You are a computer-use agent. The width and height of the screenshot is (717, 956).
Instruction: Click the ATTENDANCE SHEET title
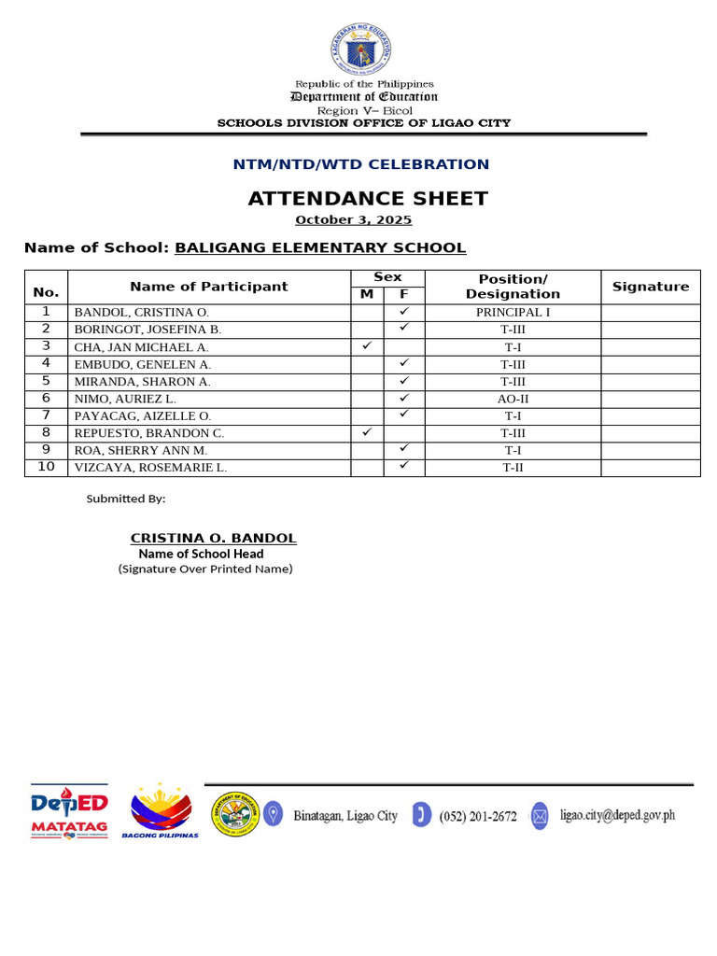coord(368,198)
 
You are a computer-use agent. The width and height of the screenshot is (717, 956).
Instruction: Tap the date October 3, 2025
coord(353,220)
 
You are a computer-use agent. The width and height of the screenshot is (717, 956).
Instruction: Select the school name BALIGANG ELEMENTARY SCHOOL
coord(320,247)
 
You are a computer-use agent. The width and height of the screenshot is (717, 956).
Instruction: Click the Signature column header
coord(650,287)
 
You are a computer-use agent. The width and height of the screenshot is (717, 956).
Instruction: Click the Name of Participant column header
coord(208,287)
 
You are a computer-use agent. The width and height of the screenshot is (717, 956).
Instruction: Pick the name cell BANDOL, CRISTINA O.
coord(142,313)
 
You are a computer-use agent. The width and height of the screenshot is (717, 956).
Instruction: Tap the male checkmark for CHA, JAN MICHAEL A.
coord(367,346)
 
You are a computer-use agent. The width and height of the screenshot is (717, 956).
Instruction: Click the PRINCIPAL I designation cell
coord(513,313)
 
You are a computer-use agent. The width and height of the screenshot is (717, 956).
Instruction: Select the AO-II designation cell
coord(513,399)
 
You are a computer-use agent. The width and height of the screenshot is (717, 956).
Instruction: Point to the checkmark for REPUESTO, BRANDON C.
coord(367,432)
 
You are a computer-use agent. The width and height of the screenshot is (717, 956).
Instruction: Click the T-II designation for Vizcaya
coord(513,468)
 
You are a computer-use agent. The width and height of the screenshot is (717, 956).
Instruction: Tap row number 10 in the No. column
coord(46,468)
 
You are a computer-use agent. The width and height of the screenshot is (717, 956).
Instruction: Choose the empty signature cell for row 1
coord(650,313)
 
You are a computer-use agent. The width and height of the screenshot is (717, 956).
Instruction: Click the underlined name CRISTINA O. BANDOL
coord(213,538)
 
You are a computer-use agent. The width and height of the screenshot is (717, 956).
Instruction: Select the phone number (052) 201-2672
coord(477,816)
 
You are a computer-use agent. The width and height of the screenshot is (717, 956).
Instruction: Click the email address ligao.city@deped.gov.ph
coord(617,815)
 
